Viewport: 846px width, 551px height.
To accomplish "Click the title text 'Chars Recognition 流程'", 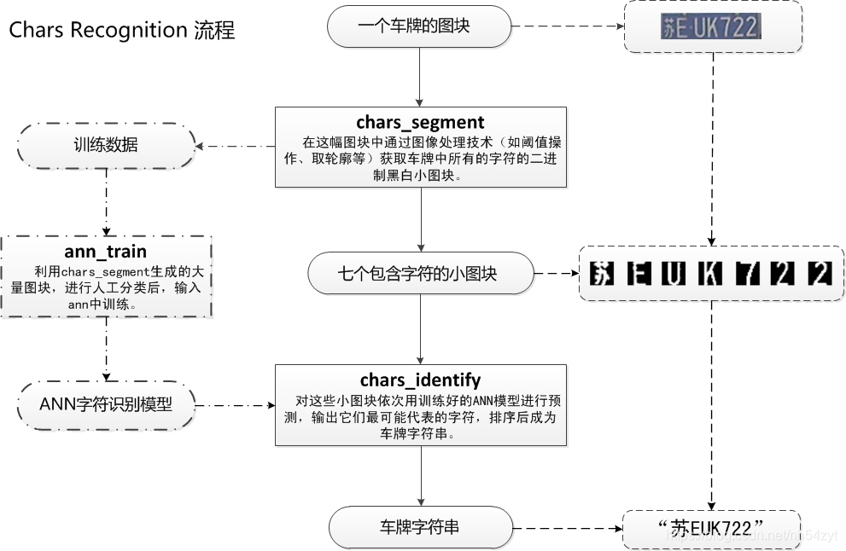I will click(x=121, y=31).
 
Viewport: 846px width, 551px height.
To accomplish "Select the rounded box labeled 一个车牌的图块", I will click(x=419, y=26).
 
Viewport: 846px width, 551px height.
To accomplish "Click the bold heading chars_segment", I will click(x=420, y=122).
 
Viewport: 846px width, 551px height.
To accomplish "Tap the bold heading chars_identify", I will click(x=420, y=380).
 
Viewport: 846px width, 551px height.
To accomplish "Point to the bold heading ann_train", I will click(x=106, y=252).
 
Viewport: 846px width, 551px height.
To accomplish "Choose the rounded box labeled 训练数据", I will click(x=106, y=145).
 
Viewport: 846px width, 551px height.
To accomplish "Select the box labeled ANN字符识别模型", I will click(x=106, y=403).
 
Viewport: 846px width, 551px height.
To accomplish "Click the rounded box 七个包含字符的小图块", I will click(x=419, y=274).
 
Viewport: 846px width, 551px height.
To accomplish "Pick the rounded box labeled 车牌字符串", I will click(x=419, y=527).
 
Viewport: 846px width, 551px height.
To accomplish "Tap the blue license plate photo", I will click(x=709, y=27).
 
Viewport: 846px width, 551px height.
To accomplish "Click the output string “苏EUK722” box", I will click(x=710, y=529).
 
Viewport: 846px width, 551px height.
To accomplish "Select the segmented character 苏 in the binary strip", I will click(x=603, y=274).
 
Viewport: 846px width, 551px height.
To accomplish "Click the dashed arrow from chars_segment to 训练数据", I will click(x=236, y=146).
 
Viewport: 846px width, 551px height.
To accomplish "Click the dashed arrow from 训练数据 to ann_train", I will click(x=106, y=201).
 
